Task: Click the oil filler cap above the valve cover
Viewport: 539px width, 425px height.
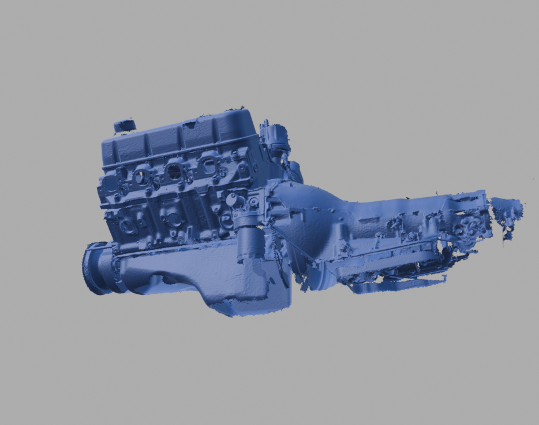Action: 124,125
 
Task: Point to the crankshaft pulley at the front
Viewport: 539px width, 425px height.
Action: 96,269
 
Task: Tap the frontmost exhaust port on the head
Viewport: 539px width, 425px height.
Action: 110,184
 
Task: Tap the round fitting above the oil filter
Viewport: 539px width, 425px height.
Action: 233,200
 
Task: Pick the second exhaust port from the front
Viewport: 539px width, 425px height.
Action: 141,177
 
